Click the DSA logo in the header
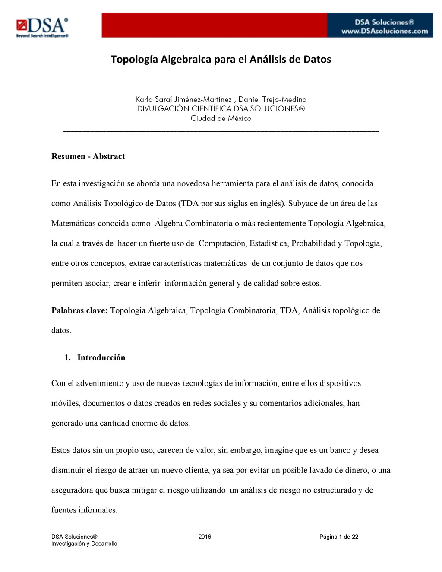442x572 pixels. pyautogui.click(x=42, y=27)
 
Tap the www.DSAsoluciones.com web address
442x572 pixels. pyautogui.click(x=385, y=31)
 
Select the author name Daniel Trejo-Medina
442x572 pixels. pyautogui.click(x=272, y=99)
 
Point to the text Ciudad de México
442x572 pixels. pyautogui.click(x=221, y=118)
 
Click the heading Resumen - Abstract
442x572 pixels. pyautogui.click(x=88, y=156)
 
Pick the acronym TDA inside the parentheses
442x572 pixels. pyautogui.click(x=190, y=203)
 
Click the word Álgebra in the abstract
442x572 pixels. pyautogui.click(x=169, y=223)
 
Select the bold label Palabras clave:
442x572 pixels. pyautogui.click(x=79, y=310)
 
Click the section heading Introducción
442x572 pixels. pyautogui.click(x=101, y=357)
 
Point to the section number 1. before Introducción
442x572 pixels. pyautogui.click(x=67, y=357)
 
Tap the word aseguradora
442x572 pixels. pyautogui.click(x=72, y=490)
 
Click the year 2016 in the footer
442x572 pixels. pyautogui.click(x=205, y=537)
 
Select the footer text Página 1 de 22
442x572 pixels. pyautogui.click(x=339, y=537)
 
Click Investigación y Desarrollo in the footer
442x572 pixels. pyautogui.click(x=84, y=544)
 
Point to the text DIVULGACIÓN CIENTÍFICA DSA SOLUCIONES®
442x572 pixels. pyautogui.click(x=221, y=109)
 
